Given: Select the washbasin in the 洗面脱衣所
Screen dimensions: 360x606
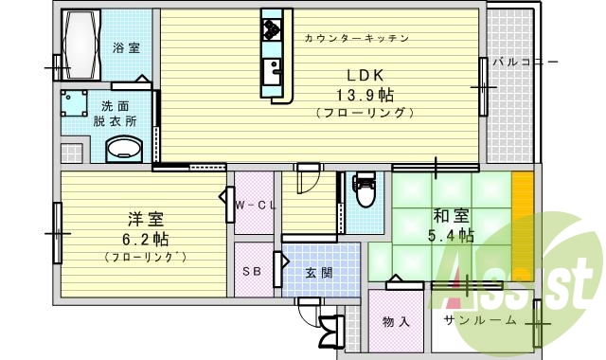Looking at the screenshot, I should pos(120,149).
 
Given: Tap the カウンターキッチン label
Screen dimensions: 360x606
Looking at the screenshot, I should pos(356,39).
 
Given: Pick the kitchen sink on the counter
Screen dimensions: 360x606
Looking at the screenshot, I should pos(273,69).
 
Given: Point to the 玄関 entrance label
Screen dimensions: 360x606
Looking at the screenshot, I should pos(318,272).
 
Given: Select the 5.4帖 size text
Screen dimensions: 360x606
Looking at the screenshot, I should pos(450,234).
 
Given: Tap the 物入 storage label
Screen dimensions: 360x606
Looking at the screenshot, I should pos(396,321).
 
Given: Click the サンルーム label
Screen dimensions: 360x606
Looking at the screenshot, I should pos(481,320).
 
